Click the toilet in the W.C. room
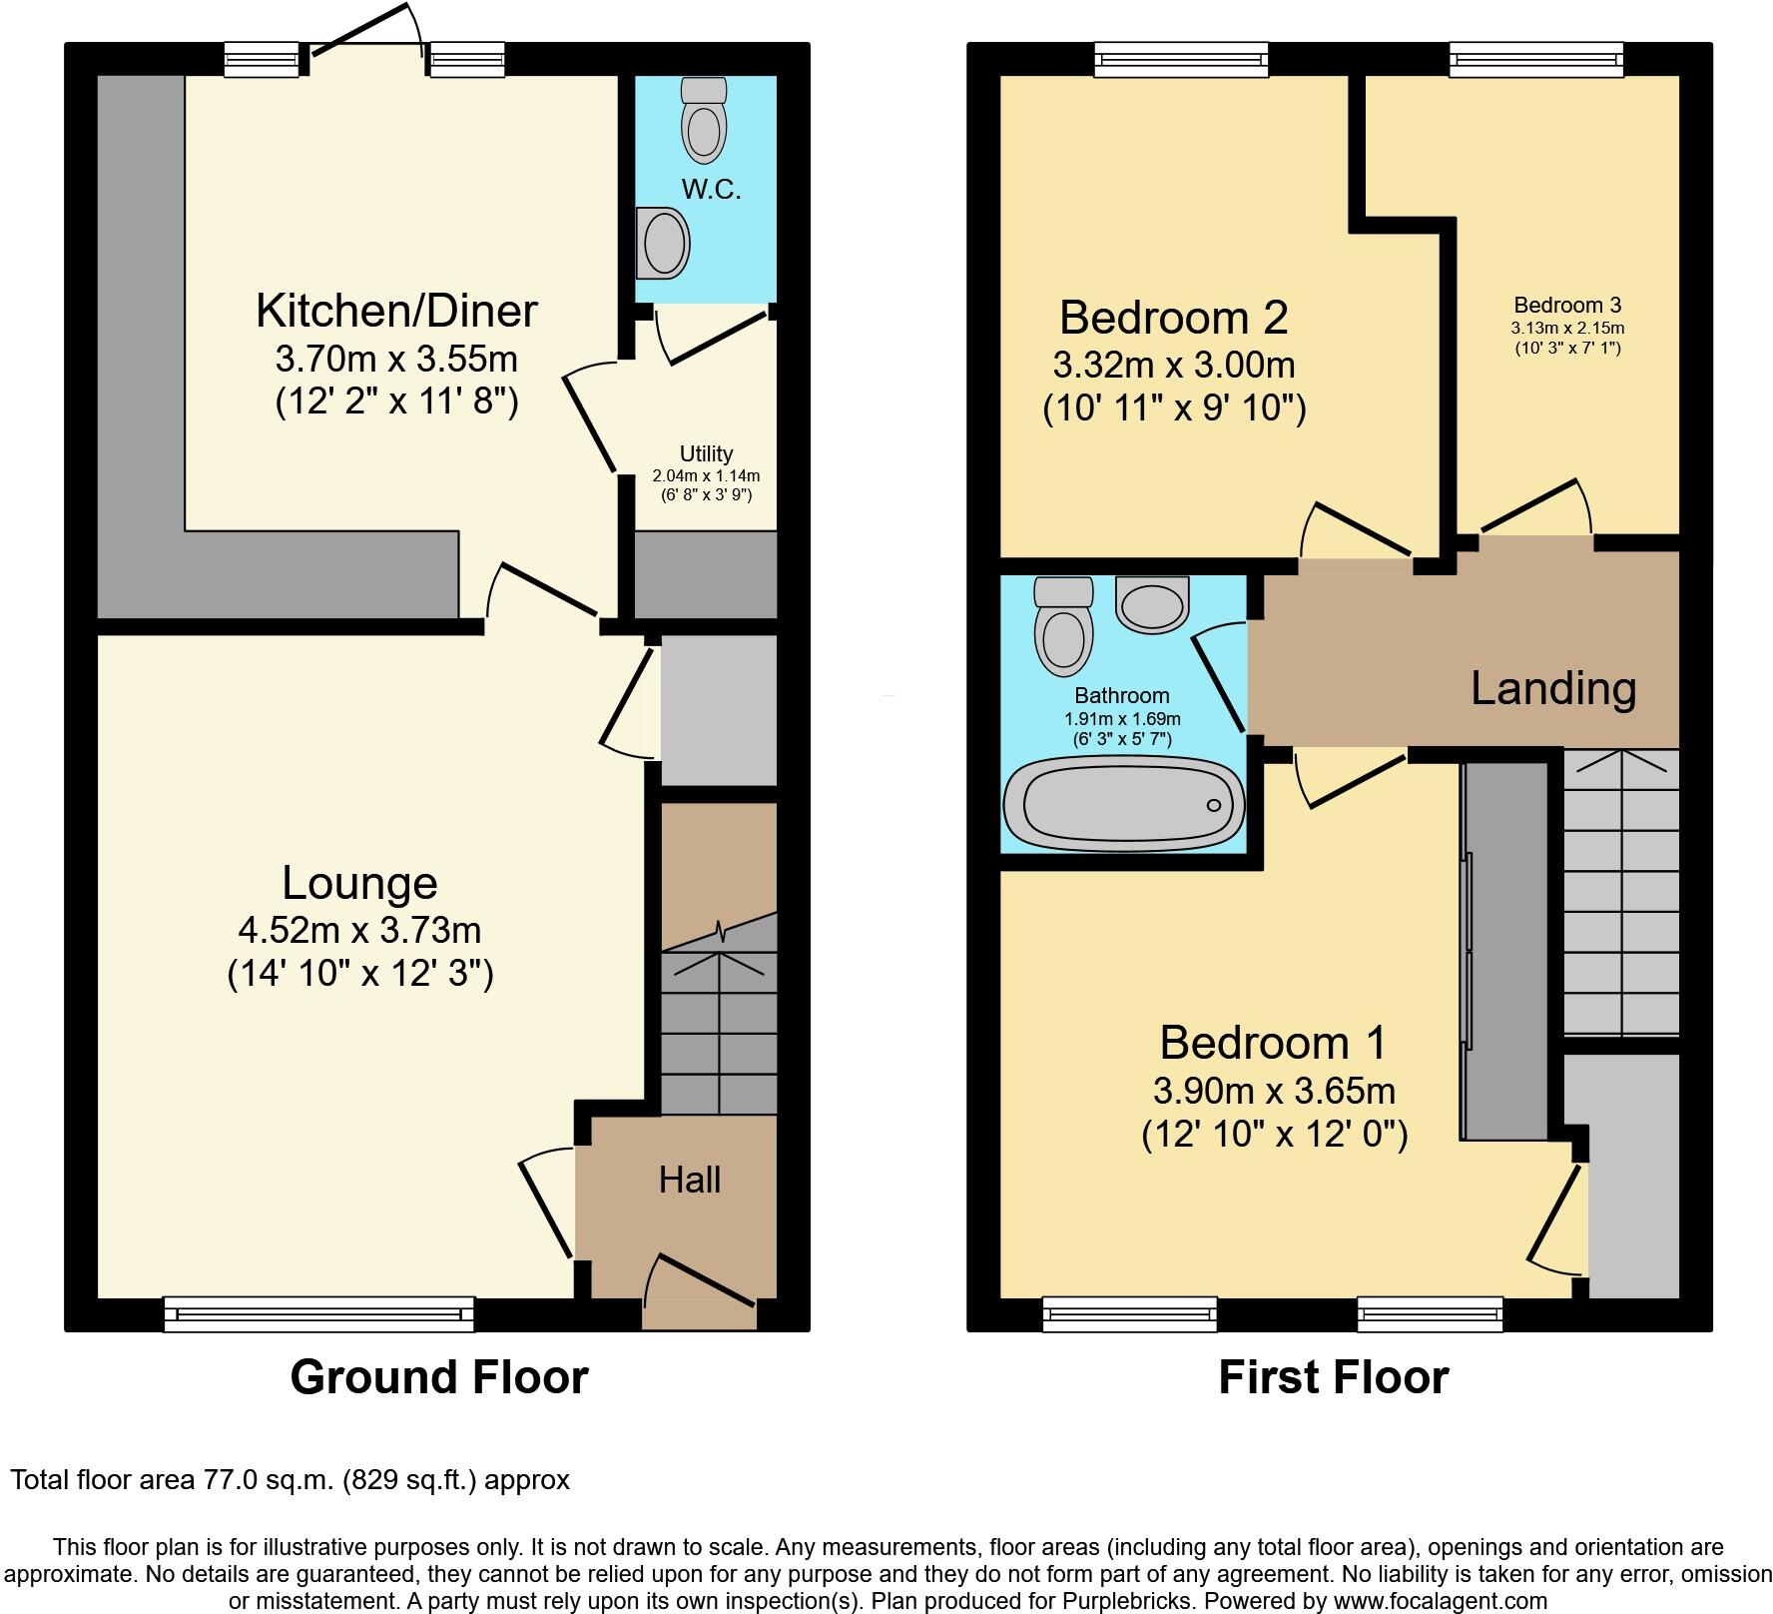tap(704, 122)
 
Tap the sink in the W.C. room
tap(663, 243)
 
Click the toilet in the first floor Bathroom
tap(1063, 627)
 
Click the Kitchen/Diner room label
tap(396, 311)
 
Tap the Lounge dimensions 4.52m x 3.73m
tap(359, 930)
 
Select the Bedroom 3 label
tap(1567, 306)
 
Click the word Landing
tap(1553, 689)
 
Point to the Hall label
tap(689, 1181)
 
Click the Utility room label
tap(706, 453)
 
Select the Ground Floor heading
tap(439, 1377)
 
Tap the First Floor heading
tap(1333, 1377)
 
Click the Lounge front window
tap(319, 1313)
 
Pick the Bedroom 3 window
tap(1536, 60)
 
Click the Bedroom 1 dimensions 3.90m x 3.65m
tap(1274, 1091)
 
